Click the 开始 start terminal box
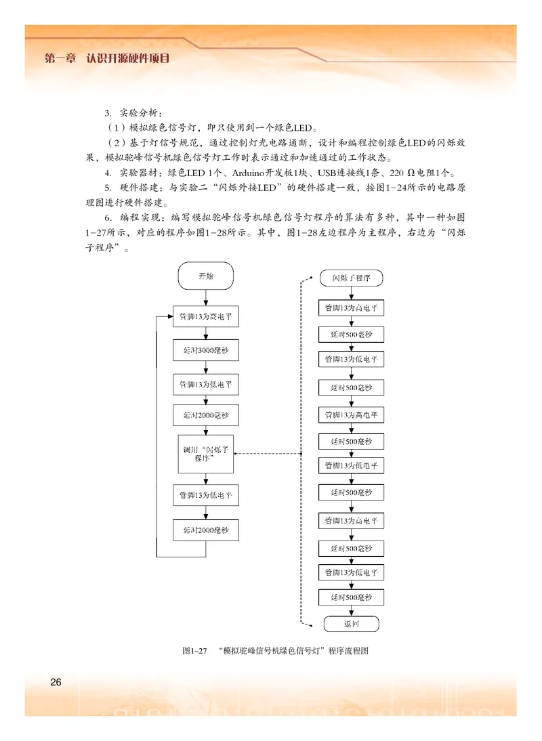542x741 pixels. [205, 276]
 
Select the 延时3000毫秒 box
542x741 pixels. [205, 351]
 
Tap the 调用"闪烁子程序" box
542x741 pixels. [205, 453]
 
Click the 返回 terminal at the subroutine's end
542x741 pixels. [351, 624]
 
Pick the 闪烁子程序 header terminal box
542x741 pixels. [351, 278]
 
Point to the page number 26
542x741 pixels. [56, 681]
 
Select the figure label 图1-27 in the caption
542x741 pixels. [194, 651]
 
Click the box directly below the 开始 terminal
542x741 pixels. [205, 316]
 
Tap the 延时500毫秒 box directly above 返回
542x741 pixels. [351, 597]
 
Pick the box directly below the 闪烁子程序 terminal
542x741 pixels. [351, 307]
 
